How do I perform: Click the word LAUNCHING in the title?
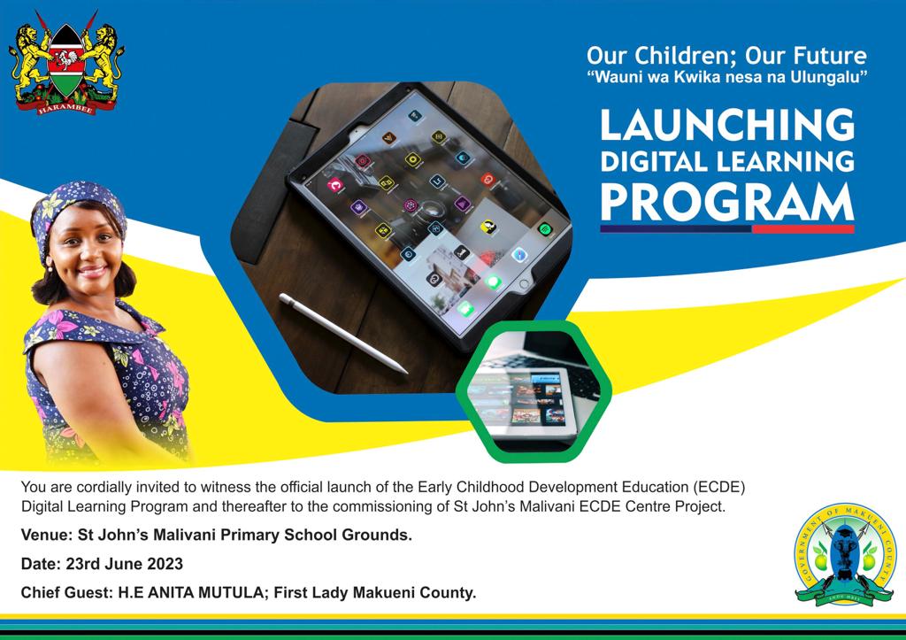[727, 126]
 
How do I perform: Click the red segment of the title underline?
[802, 229]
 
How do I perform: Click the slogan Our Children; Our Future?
[726, 57]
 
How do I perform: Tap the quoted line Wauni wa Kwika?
[726, 79]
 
